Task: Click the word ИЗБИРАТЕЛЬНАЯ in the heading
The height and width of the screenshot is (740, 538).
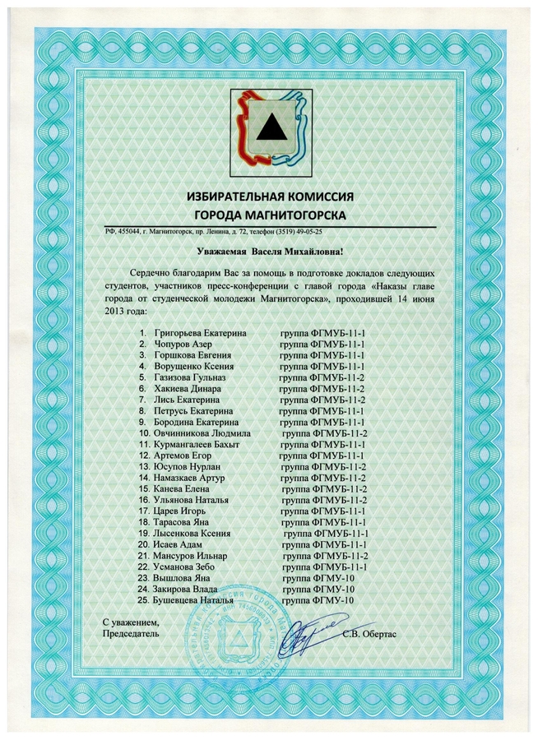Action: (239, 197)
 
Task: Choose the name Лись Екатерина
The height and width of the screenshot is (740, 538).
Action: (188, 399)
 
